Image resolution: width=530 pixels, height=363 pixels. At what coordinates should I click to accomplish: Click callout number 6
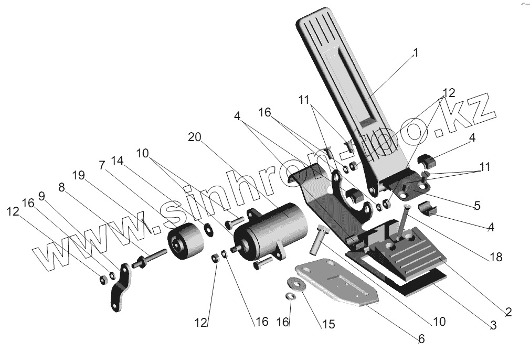pyautogui.click(x=421, y=339)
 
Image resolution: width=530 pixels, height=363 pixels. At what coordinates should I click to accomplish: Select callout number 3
pyautogui.click(x=493, y=325)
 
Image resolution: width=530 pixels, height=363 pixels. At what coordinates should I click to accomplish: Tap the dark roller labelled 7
pyautogui.click(x=185, y=242)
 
